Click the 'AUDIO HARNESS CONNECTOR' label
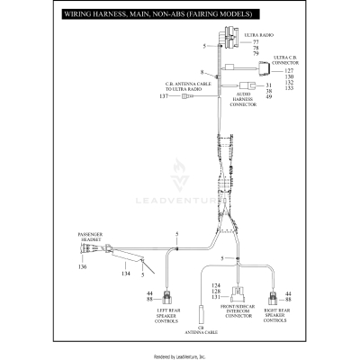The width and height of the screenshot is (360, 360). [x=243, y=99]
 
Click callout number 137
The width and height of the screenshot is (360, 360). [x=164, y=95]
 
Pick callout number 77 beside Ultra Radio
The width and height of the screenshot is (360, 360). [x=256, y=41]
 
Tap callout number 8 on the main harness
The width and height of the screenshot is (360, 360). [x=202, y=71]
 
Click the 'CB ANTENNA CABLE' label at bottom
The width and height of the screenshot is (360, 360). [x=201, y=330]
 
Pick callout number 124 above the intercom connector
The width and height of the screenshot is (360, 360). [x=215, y=285]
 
